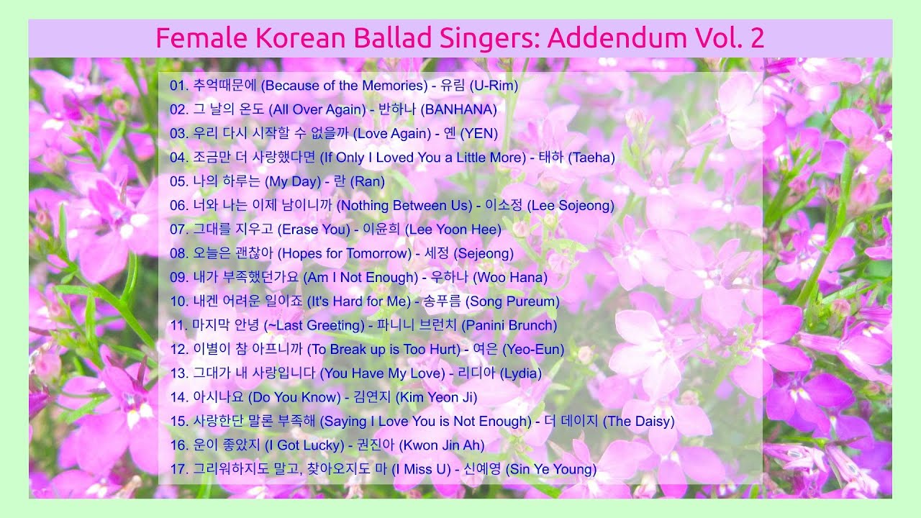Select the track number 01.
click(x=178, y=86)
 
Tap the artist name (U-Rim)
click(x=494, y=86)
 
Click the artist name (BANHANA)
click(x=458, y=109)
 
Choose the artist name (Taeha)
click(x=591, y=158)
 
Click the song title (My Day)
click(x=298, y=181)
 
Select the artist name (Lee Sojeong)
click(x=571, y=206)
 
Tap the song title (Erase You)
click(x=314, y=230)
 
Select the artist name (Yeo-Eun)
click(x=533, y=350)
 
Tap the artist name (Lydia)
click(x=520, y=373)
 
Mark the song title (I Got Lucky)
click(x=304, y=445)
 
